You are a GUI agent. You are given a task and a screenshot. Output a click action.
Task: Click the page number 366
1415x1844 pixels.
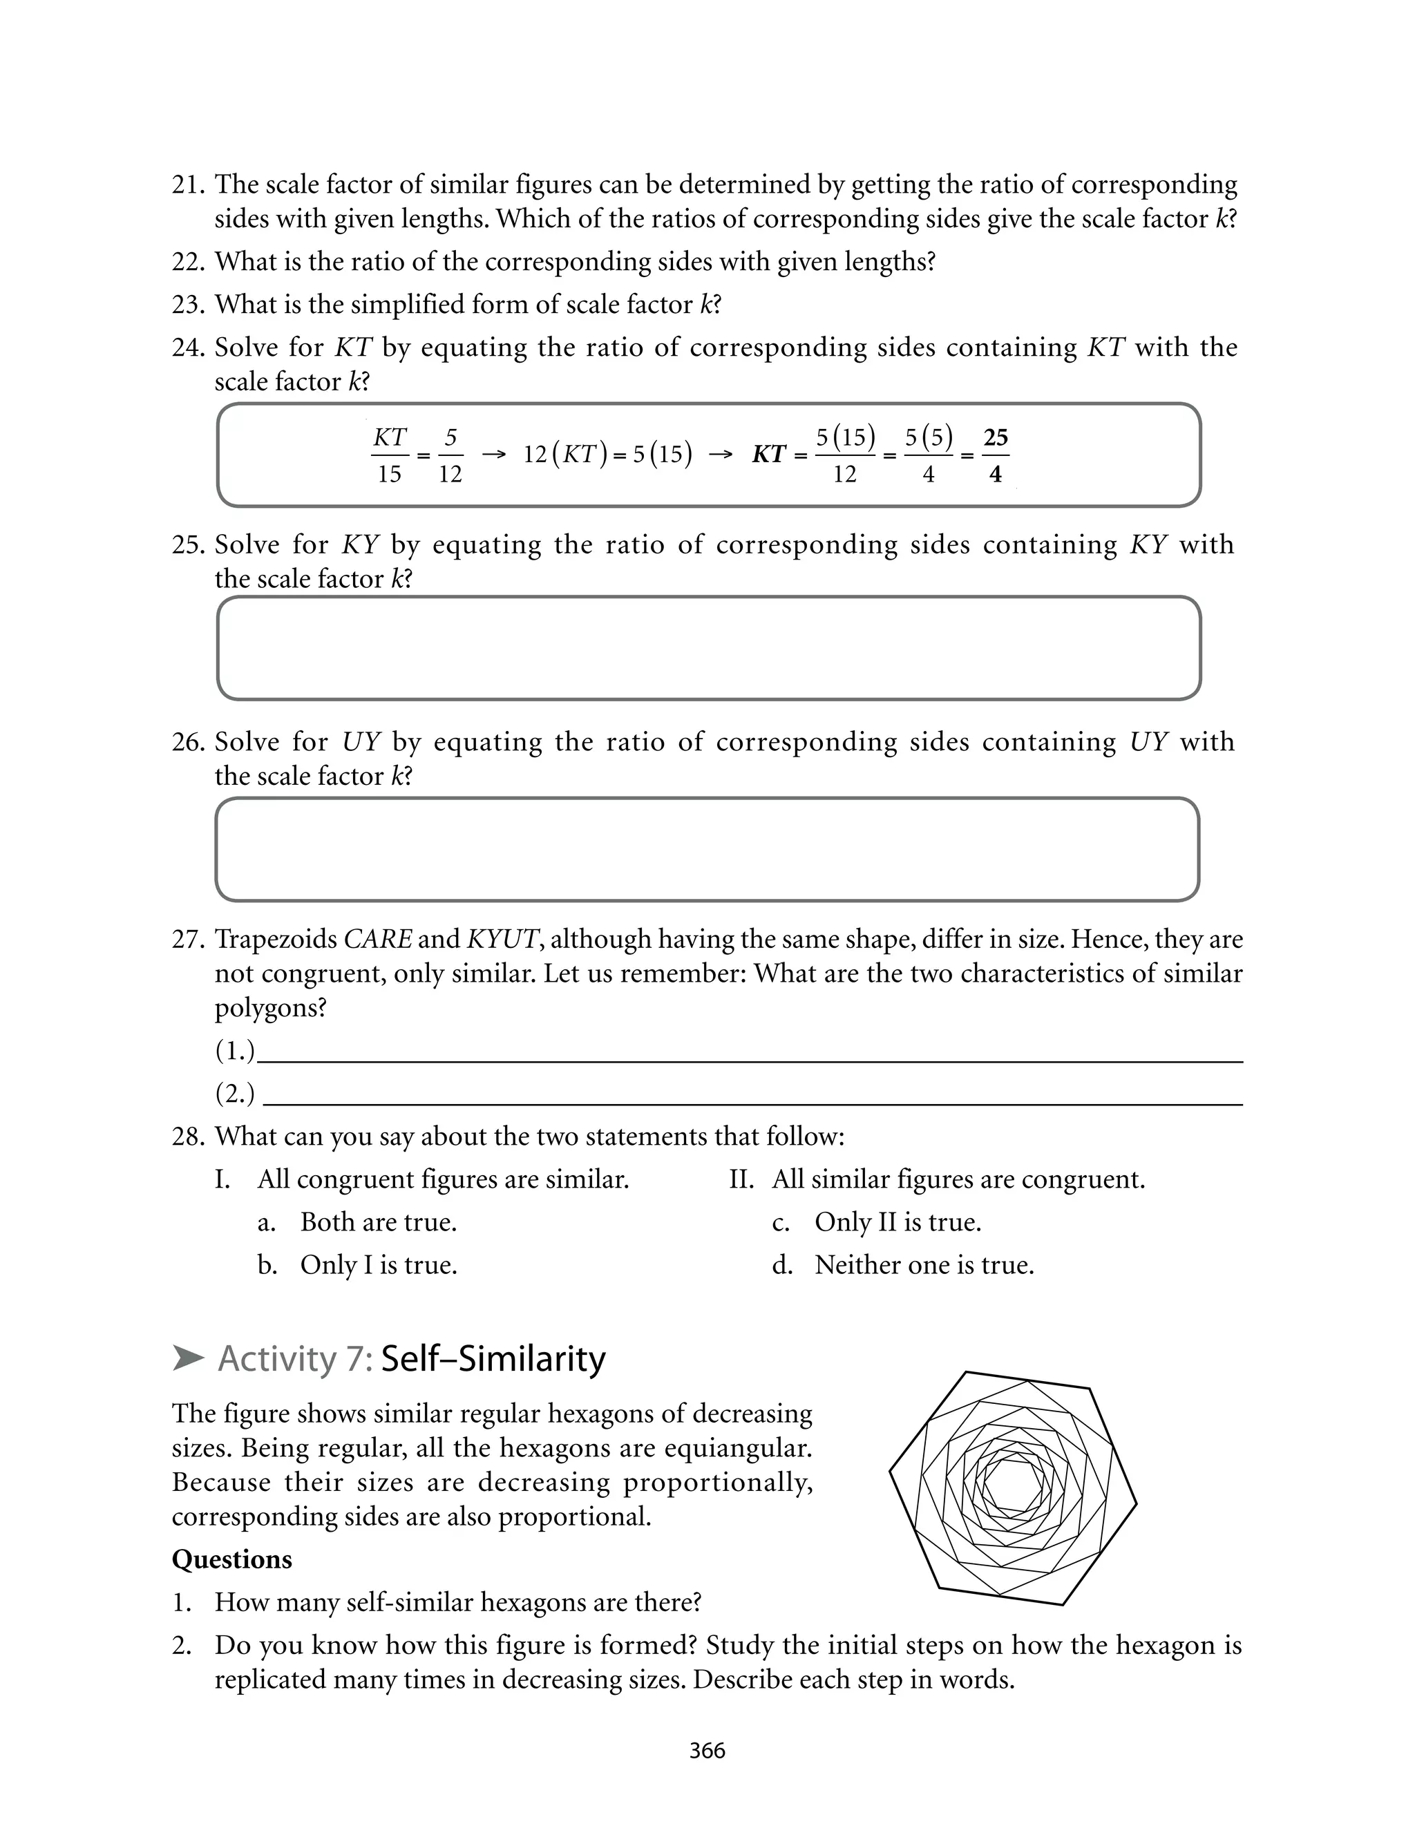pos(707,1751)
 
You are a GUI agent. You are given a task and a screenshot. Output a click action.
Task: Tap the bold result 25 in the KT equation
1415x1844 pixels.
pos(996,437)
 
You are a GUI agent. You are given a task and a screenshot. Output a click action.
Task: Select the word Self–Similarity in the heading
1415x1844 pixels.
pos(493,1359)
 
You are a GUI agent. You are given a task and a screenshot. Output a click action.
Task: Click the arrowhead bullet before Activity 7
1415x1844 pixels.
pos(189,1358)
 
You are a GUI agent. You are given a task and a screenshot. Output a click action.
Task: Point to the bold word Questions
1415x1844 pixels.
pos(231,1559)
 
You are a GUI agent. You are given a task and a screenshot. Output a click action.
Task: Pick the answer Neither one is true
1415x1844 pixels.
pos(924,1265)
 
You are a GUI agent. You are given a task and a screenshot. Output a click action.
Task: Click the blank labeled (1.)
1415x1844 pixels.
pos(750,1052)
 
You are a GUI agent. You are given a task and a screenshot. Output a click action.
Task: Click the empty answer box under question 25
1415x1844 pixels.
pos(708,648)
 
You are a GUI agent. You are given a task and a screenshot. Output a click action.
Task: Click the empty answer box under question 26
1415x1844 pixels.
pos(707,850)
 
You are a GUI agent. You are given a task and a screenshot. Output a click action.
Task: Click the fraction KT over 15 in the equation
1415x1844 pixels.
pos(389,455)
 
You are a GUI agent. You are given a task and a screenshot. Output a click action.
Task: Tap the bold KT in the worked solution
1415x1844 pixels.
pos(769,455)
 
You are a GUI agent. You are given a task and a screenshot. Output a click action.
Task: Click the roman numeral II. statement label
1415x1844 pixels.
pos(741,1179)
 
